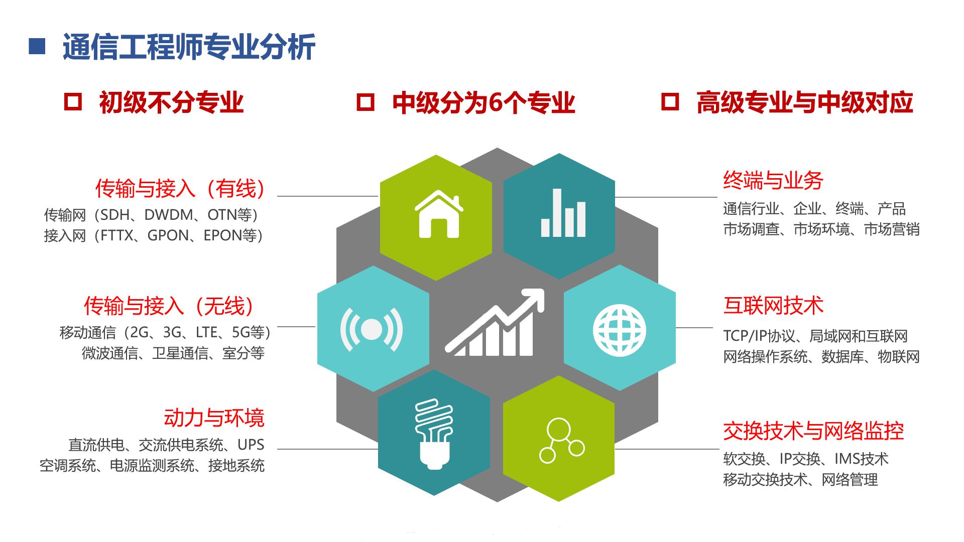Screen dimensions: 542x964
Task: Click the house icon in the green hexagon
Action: (438, 214)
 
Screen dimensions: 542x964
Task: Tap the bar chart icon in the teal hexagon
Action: (563, 213)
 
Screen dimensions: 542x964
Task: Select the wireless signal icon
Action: (372, 329)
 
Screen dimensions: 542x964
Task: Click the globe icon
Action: (619, 331)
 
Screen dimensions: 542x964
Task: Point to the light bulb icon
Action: (434, 433)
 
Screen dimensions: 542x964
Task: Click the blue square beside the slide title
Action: (37, 47)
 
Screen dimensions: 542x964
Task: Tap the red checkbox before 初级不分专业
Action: (73, 101)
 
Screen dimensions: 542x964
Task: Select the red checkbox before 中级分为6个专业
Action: (365, 102)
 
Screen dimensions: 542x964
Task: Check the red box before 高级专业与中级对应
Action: (670, 102)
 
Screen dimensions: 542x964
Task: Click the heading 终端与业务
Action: (773, 181)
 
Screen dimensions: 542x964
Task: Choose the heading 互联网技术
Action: (773, 306)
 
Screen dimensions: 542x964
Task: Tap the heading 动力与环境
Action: (214, 418)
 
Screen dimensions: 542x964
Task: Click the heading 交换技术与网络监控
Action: (813, 431)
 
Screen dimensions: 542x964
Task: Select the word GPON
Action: (168, 236)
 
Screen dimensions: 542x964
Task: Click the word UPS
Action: (251, 445)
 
